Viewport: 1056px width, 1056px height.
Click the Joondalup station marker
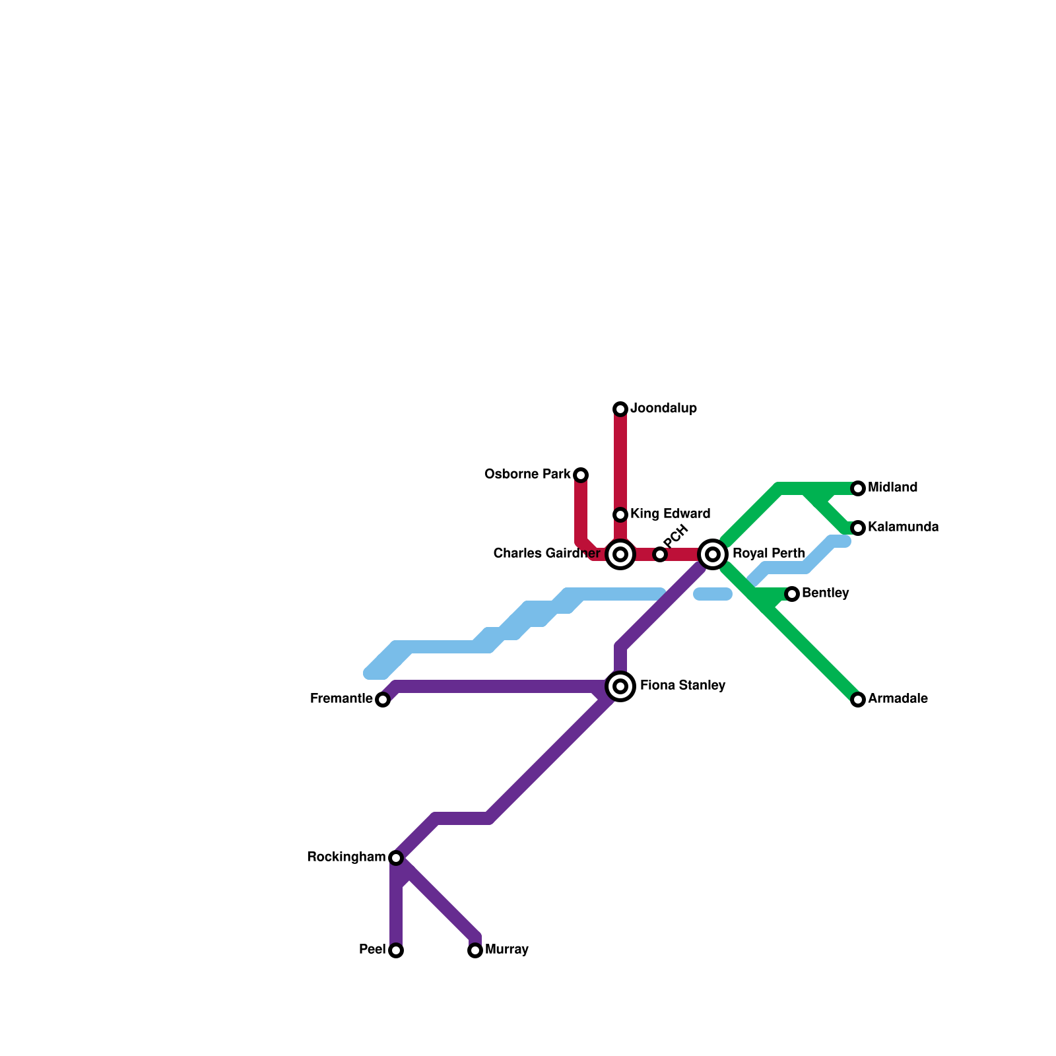tap(620, 409)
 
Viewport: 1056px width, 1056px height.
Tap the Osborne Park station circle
tap(581, 475)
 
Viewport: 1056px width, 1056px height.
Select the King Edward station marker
tap(620, 515)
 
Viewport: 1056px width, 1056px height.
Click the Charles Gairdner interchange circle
tap(620, 554)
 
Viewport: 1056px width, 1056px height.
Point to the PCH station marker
tap(660, 554)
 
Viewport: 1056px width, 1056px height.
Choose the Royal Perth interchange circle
tap(713, 554)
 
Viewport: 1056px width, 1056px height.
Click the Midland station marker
tap(858, 488)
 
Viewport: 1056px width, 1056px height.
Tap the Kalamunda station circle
tap(858, 528)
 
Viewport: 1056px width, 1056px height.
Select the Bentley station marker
tap(792, 594)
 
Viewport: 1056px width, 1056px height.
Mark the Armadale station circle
tap(858, 700)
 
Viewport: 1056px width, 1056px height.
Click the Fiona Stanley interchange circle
tap(620, 686)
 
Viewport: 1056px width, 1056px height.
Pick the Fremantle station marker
tap(383, 700)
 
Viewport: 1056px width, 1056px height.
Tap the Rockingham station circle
tap(396, 858)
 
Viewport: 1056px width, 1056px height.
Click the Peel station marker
tap(396, 950)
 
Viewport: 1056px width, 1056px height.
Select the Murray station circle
tap(475, 950)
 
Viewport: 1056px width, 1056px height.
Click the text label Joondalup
tap(663, 409)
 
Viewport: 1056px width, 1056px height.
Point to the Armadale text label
tap(898, 699)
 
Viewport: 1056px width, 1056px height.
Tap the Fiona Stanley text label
tap(682, 686)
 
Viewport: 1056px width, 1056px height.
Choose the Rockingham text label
tap(346, 857)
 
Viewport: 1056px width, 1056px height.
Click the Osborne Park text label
tap(527, 475)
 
